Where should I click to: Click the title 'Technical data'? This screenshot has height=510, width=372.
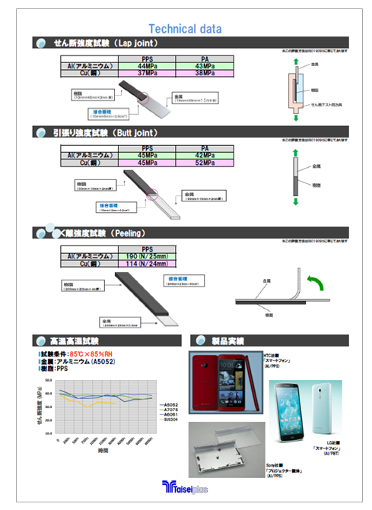point(185,29)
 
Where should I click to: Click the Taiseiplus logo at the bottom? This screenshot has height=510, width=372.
point(185,487)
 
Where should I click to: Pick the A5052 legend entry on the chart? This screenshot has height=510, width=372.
point(170,404)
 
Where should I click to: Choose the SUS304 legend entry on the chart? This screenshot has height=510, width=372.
point(170,420)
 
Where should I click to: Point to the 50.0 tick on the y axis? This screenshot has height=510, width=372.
point(47,379)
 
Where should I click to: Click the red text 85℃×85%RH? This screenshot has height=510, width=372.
point(91,355)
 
